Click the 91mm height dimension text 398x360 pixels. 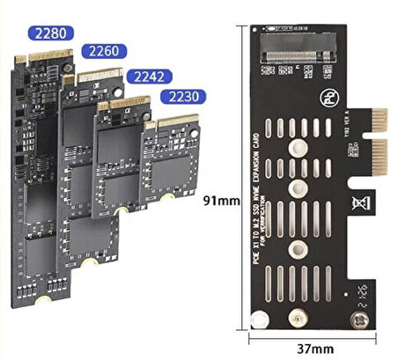pyautogui.click(x=221, y=200)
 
